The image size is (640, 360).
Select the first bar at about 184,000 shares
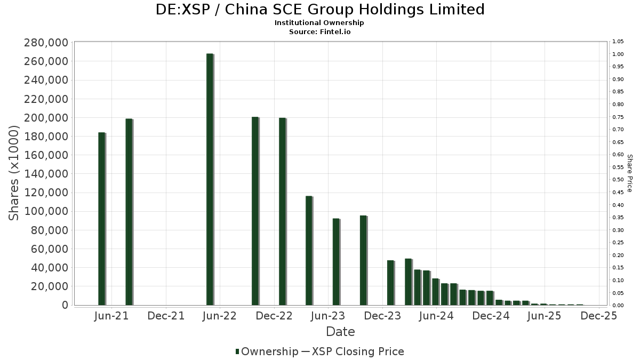click(x=101, y=219)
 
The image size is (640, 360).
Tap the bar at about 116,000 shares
click(x=309, y=251)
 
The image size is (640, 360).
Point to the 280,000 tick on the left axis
click(x=47, y=43)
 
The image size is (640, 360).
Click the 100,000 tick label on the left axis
click(x=47, y=211)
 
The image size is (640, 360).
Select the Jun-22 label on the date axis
click(x=220, y=316)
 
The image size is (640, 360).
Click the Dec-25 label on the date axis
click(x=599, y=316)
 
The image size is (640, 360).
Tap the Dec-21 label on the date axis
click(x=166, y=316)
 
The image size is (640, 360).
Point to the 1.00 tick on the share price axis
click(x=619, y=54)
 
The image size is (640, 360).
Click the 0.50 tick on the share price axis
click(x=619, y=180)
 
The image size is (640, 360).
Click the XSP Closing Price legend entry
click(x=358, y=351)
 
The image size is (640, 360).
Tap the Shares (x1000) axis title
click(x=14, y=173)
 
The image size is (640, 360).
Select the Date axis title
click(x=340, y=332)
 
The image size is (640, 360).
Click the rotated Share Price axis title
click(x=629, y=173)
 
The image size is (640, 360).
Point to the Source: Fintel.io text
click(x=319, y=31)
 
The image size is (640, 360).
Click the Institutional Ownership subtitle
click(x=319, y=23)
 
